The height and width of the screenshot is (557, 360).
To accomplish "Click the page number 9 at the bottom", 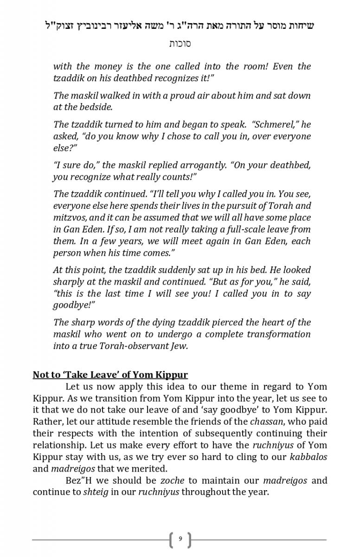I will tap(180, 539).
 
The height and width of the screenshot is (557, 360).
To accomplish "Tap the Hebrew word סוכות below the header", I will tap(180, 44).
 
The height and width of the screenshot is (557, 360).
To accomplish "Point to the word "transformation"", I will tap(281, 334).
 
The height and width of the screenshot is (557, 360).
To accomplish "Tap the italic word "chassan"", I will tap(265, 421).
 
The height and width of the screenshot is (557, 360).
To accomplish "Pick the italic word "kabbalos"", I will tap(309, 457).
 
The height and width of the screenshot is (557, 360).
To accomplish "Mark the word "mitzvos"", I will tap(69, 218).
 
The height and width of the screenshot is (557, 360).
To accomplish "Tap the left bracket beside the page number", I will tap(172, 539).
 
